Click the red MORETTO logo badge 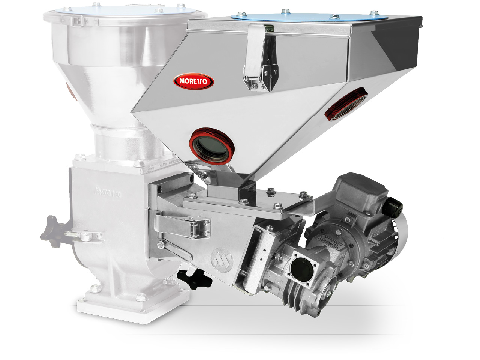(193, 81)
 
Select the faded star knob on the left (52, 229)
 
